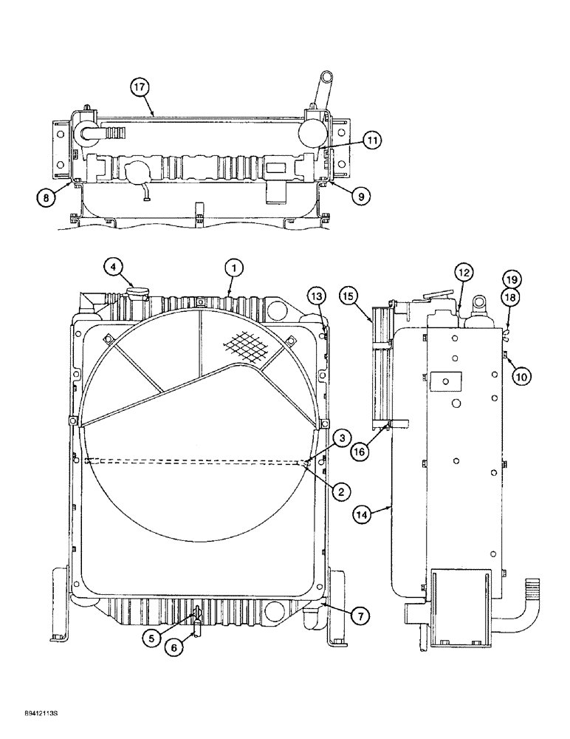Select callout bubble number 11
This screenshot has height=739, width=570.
coord(372,140)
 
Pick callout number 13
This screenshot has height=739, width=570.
coord(316,297)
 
